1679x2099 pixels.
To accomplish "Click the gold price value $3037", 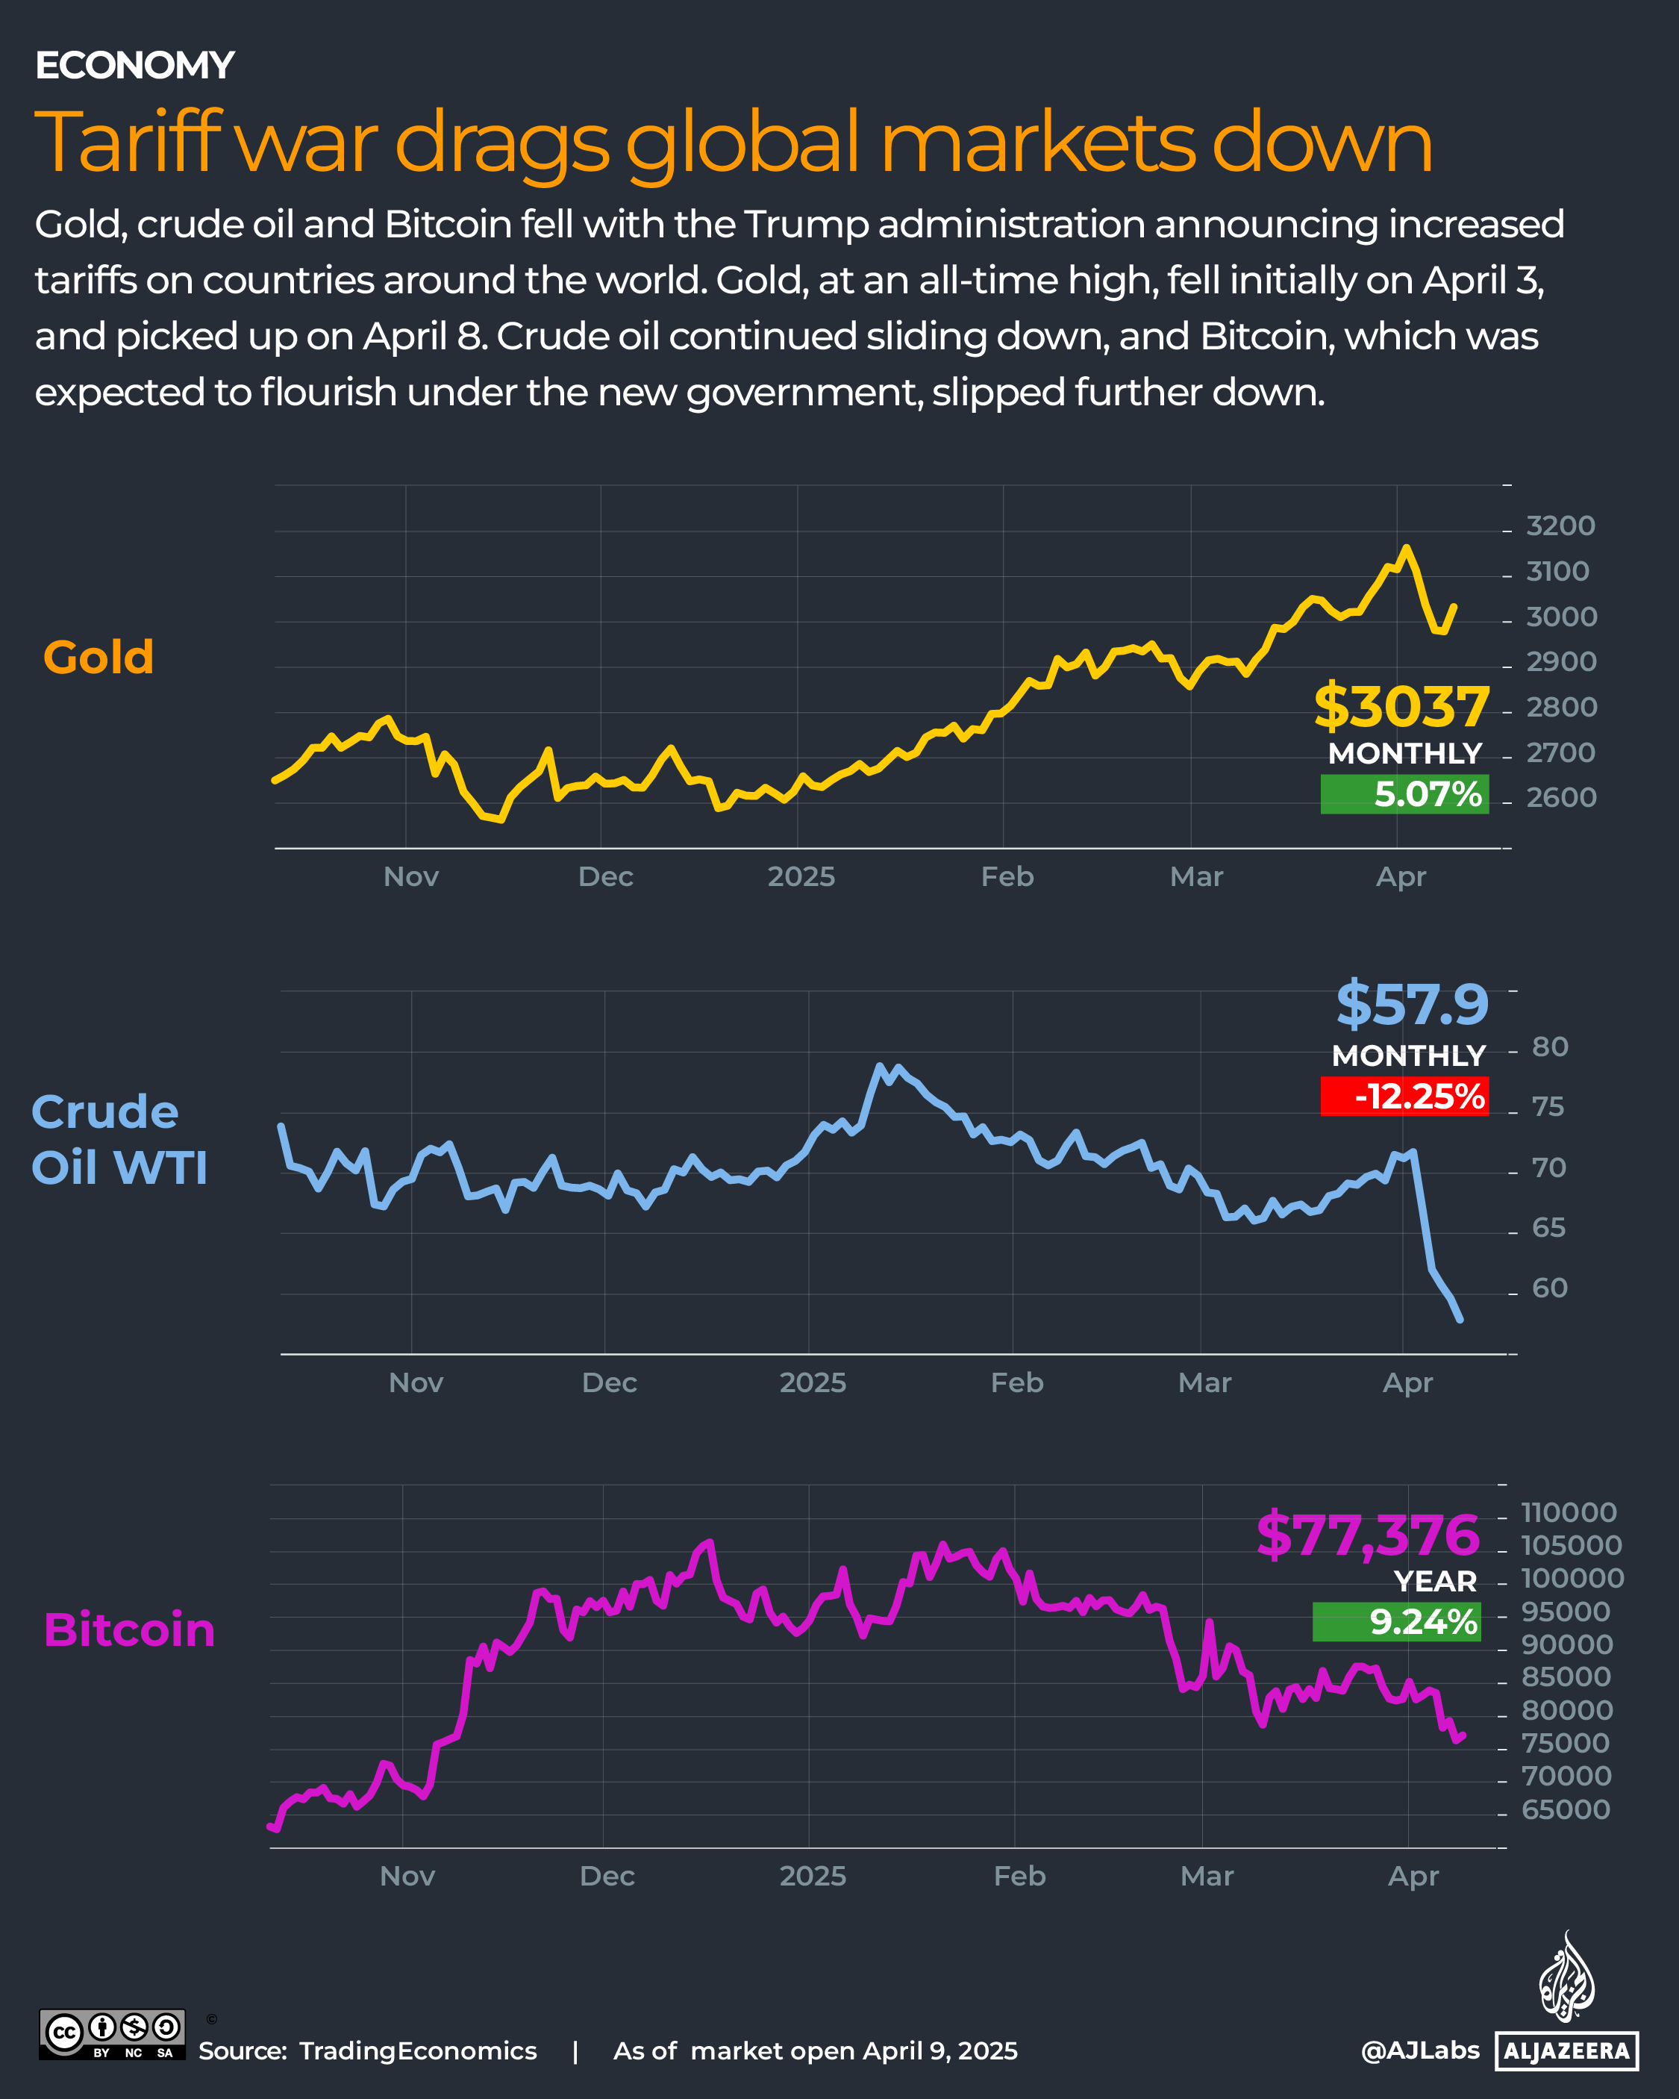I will pyautogui.click(x=1401, y=707).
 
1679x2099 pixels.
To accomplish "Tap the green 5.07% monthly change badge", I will pyautogui.click(x=1404, y=794).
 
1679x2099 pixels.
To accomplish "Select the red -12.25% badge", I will pyautogui.click(x=1404, y=1097).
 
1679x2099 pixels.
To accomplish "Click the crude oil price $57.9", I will pyautogui.click(x=1411, y=1005).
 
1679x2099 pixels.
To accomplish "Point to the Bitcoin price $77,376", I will pyautogui.click(x=1368, y=1535).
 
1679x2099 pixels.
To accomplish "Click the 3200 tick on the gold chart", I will pyautogui.click(x=1560, y=525).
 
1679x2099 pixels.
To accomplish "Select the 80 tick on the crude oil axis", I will pyautogui.click(x=1550, y=1047).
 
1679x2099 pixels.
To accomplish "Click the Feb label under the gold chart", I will pyautogui.click(x=1007, y=877).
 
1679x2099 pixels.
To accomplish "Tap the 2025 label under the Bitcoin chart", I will pyautogui.click(x=813, y=1876).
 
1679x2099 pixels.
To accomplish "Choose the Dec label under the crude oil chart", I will pyautogui.click(x=610, y=1382).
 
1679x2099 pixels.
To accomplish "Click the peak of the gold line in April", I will pyautogui.click(x=1404, y=548).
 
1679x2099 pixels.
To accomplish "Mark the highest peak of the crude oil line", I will pyautogui.click(x=881, y=1066).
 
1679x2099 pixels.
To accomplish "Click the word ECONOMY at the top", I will pyautogui.click(x=134, y=65).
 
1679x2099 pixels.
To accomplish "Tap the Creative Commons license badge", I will pyautogui.click(x=112, y=2035).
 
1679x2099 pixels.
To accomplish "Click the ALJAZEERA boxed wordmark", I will pyautogui.click(x=1566, y=2050).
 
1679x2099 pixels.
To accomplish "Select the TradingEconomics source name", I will pyautogui.click(x=418, y=2051).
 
